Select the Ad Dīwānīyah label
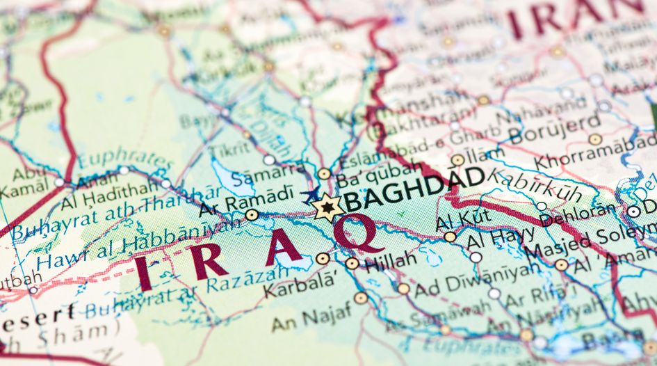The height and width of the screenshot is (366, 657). [x=477, y=280]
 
